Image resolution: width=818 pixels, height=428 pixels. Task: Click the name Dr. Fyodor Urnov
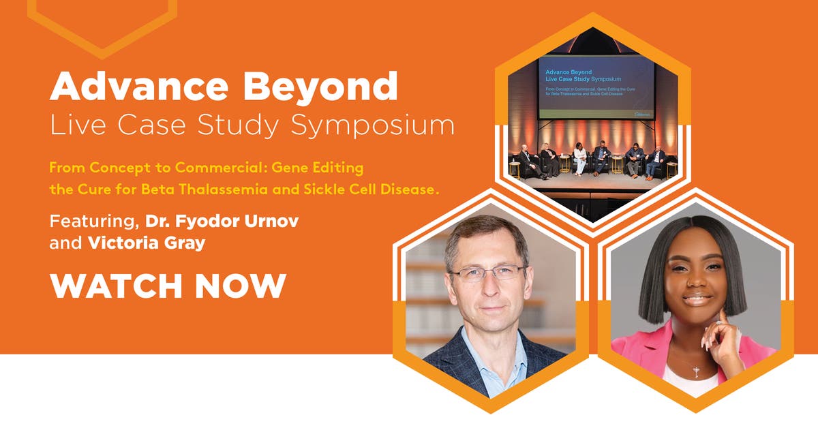[222, 222]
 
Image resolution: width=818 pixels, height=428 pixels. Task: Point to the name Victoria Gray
[147, 243]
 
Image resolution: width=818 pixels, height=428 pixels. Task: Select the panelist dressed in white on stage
[580, 159]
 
